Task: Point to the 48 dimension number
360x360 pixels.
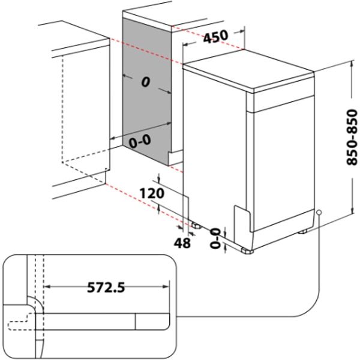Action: (184, 242)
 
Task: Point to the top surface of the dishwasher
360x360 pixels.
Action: (249, 75)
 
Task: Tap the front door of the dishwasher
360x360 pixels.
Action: (282, 168)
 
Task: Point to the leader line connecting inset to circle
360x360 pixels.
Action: (312, 300)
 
